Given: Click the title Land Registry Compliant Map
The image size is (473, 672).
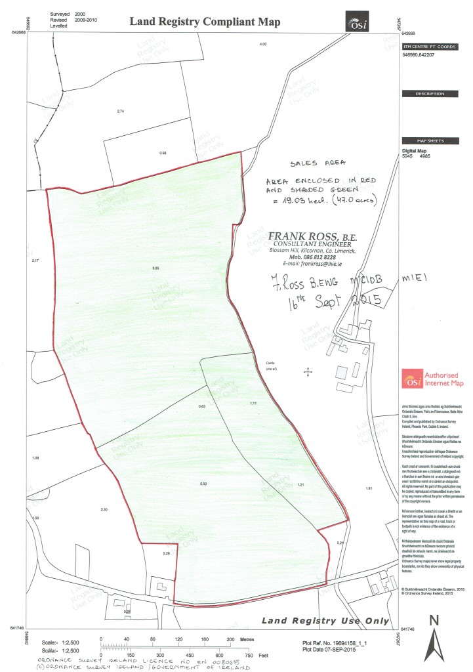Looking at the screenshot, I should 205,22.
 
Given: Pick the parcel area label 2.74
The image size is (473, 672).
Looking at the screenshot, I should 120,112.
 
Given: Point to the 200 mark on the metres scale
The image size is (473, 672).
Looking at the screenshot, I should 230,638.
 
